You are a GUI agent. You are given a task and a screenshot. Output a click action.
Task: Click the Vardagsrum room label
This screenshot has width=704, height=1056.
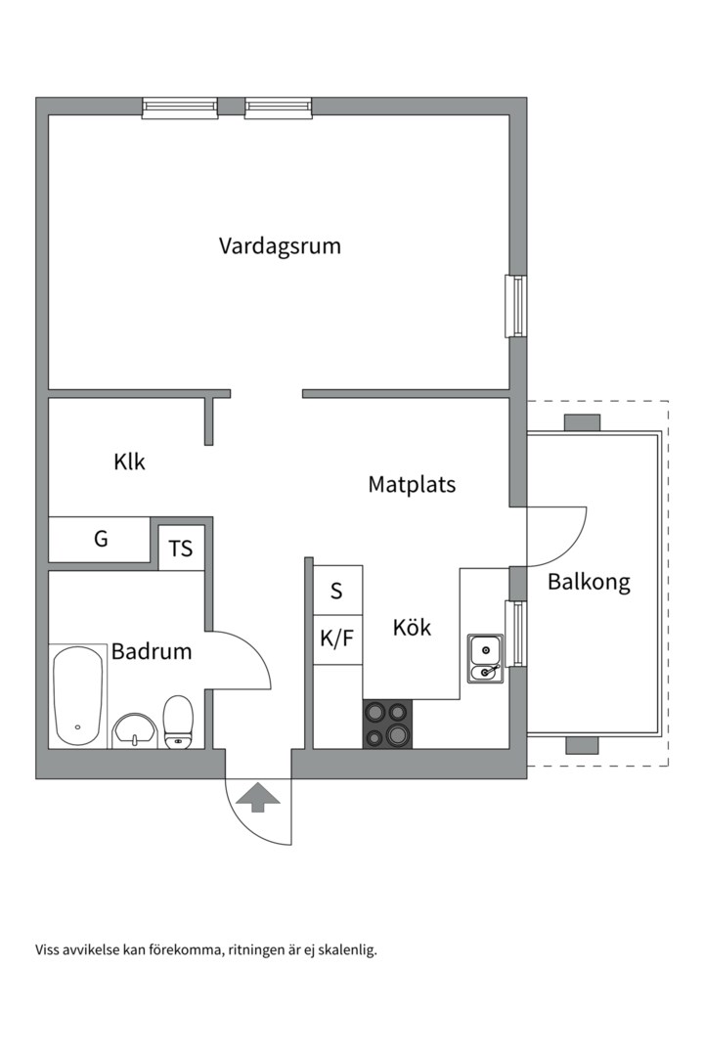pyautogui.click(x=280, y=245)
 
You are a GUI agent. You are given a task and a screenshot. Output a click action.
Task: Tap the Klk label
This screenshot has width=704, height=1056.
pyautogui.click(x=129, y=462)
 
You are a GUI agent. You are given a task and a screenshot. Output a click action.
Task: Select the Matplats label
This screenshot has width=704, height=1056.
pyautogui.click(x=412, y=484)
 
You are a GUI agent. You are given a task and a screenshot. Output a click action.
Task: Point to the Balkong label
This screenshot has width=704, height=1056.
pyautogui.click(x=589, y=582)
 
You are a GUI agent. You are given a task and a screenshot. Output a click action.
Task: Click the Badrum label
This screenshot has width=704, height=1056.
pyautogui.click(x=152, y=651)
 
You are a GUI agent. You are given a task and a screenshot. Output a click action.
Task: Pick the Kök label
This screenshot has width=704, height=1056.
pyautogui.click(x=412, y=627)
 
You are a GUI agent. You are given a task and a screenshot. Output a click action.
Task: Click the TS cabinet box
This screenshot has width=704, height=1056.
pyautogui.click(x=181, y=549)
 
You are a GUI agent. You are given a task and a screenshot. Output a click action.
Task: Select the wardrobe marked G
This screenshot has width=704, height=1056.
pyautogui.click(x=100, y=539)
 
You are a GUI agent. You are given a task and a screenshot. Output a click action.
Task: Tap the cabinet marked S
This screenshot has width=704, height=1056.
pyautogui.click(x=337, y=590)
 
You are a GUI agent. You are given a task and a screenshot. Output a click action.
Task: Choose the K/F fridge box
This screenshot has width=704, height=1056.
pyautogui.click(x=337, y=639)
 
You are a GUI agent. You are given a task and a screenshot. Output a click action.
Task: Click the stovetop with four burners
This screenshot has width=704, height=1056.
pyautogui.click(x=388, y=724)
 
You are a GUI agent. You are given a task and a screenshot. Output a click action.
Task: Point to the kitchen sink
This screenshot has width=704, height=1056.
pyautogui.click(x=485, y=659)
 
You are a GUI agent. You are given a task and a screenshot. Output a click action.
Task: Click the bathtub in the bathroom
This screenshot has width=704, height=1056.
pyautogui.click(x=78, y=696)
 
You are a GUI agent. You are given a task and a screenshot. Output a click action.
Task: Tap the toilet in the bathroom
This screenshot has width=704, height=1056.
pyautogui.click(x=179, y=722)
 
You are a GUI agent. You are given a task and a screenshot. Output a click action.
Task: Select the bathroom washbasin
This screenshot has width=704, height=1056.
pyautogui.click(x=135, y=730)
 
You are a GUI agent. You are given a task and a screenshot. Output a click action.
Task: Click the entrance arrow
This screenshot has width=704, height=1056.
pyautogui.click(x=257, y=797)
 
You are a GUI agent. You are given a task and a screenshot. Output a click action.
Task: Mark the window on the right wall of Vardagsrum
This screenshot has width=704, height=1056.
pyautogui.click(x=516, y=306)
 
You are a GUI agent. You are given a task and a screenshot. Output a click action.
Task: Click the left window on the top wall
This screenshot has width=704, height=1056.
pyautogui.click(x=180, y=108)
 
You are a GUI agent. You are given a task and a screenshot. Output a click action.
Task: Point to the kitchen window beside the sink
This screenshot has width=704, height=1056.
pyautogui.click(x=515, y=633)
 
